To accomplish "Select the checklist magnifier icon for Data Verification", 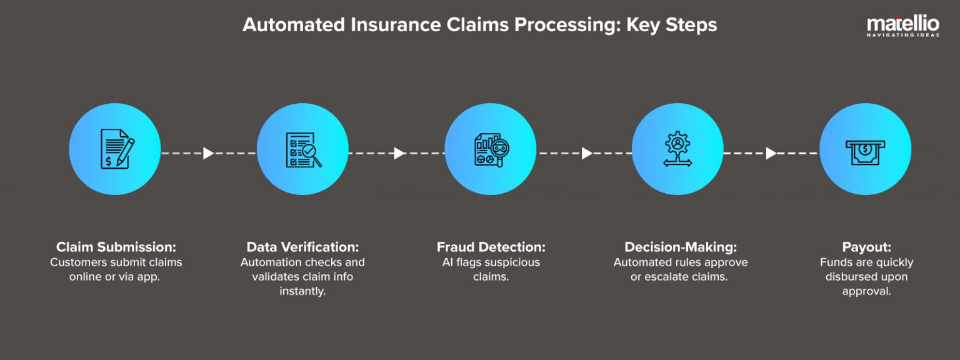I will point(303,149).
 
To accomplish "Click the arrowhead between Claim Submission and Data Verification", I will point(209,153).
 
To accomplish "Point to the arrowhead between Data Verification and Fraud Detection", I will point(399,153).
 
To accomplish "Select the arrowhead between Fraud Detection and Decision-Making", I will point(586,153).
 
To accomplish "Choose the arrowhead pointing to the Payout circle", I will point(771,153).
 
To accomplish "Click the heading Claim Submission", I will point(115,246).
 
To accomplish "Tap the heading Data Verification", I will point(302,246).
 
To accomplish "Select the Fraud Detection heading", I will point(491,246).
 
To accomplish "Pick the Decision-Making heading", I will point(681,246).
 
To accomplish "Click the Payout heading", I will point(866,246).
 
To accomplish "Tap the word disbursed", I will point(851,276).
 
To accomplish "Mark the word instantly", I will point(302,291).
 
